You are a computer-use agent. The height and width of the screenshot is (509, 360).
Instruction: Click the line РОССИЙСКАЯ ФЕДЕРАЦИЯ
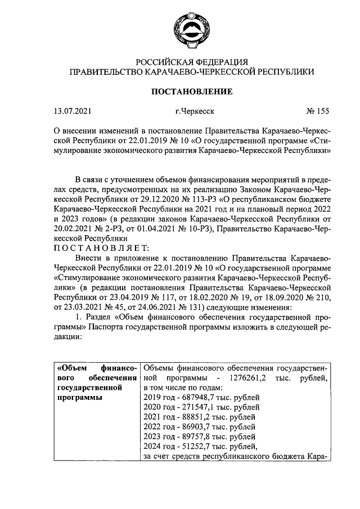click(x=191, y=61)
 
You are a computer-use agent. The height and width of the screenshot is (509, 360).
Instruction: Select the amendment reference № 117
click(x=191, y=298)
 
